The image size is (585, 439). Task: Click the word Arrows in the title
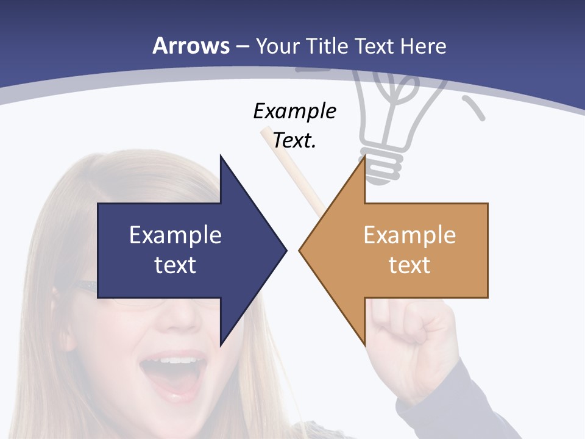(x=191, y=46)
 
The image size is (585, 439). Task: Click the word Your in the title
(x=278, y=46)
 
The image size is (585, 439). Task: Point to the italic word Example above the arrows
(x=294, y=111)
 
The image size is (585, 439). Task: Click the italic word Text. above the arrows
(x=294, y=140)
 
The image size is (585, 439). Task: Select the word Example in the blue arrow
(x=175, y=235)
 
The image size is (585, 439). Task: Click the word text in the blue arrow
(x=175, y=265)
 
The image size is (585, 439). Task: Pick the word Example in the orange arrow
(x=409, y=235)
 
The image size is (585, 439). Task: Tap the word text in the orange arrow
(x=409, y=265)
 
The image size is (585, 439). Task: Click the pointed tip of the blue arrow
(x=285, y=249)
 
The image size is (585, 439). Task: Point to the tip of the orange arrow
(x=301, y=249)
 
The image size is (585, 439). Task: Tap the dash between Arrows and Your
(x=242, y=46)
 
